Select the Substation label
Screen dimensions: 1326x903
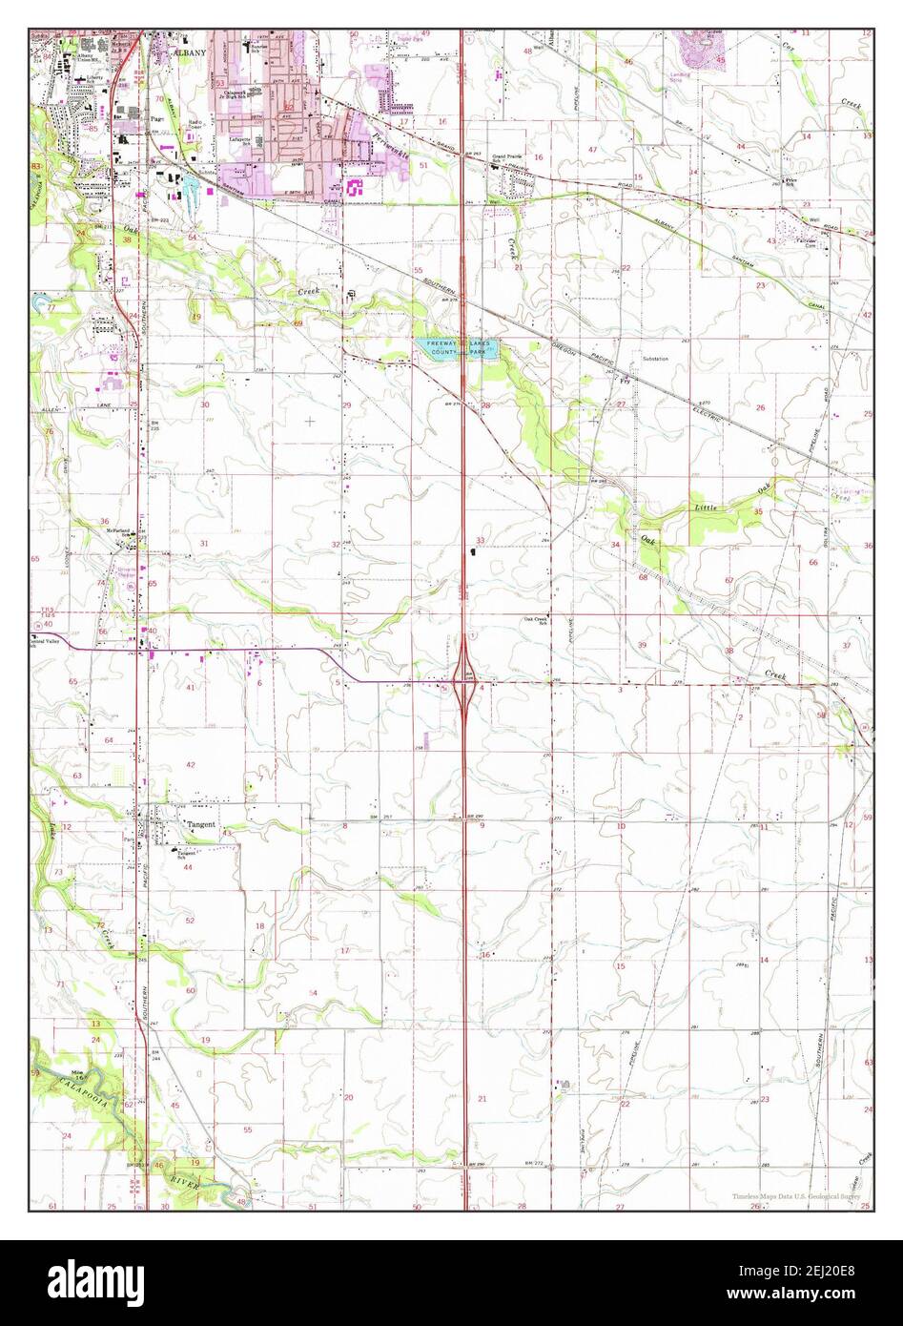[x=654, y=359]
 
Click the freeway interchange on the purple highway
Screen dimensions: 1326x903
[x=464, y=681]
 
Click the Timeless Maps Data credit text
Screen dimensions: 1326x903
[x=796, y=1195]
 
